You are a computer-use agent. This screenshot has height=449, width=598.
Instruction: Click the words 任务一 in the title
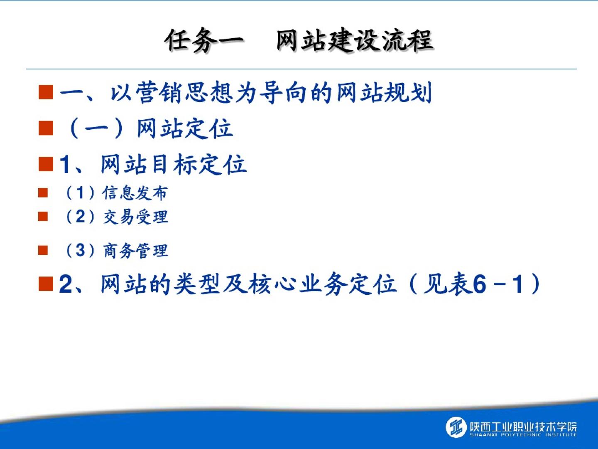pos(204,40)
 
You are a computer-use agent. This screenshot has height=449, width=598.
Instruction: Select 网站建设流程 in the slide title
pos(355,40)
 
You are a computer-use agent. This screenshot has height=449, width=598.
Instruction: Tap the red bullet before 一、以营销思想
pos(46,92)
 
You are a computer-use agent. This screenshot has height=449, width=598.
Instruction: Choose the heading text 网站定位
pos(185,129)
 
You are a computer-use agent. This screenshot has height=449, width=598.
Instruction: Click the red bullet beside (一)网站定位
pos(46,128)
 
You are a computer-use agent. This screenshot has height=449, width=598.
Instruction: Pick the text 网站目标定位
pos(174,164)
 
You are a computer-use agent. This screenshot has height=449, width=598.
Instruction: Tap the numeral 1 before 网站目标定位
pos(64,164)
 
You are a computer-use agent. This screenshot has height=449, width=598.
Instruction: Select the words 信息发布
pos(135,193)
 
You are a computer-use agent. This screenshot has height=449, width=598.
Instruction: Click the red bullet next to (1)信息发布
pos(43,193)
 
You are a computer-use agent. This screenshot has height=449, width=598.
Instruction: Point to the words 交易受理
pos(135,217)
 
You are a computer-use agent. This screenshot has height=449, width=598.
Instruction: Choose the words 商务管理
pos(135,251)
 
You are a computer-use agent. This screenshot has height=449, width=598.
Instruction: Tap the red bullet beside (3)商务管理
pos(43,250)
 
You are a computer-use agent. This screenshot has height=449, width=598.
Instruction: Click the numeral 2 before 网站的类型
pos(65,284)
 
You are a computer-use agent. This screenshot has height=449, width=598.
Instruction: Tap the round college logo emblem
pos(456,427)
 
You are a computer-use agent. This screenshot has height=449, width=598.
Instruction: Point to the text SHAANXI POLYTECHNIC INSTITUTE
pos(523,435)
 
